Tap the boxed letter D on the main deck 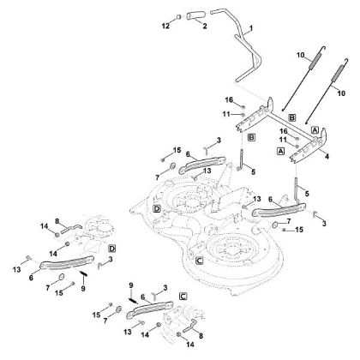pyautogui.click(x=157, y=208)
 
